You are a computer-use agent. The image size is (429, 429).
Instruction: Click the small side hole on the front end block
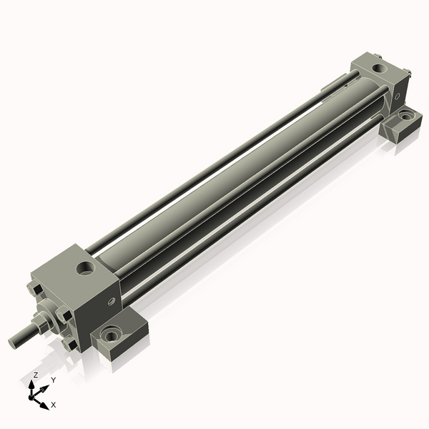(x=110, y=302)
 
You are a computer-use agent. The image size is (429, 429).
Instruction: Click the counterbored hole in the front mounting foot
(x=111, y=335)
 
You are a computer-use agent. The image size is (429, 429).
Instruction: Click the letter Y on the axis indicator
(x=53, y=380)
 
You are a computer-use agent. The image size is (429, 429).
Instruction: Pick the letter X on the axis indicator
(x=54, y=405)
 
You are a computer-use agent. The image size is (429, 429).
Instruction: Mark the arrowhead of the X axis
(x=45, y=405)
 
